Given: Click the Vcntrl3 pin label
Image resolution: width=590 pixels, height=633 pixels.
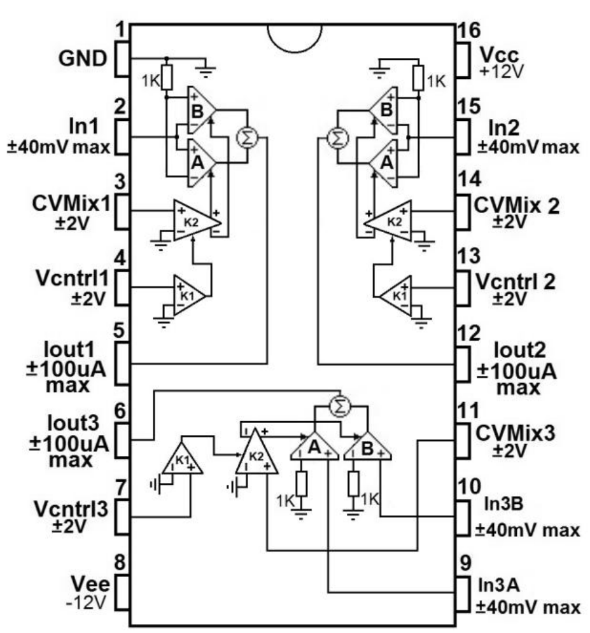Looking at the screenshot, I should tap(68, 510).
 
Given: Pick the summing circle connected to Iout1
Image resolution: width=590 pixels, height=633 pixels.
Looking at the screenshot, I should tap(245, 137).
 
